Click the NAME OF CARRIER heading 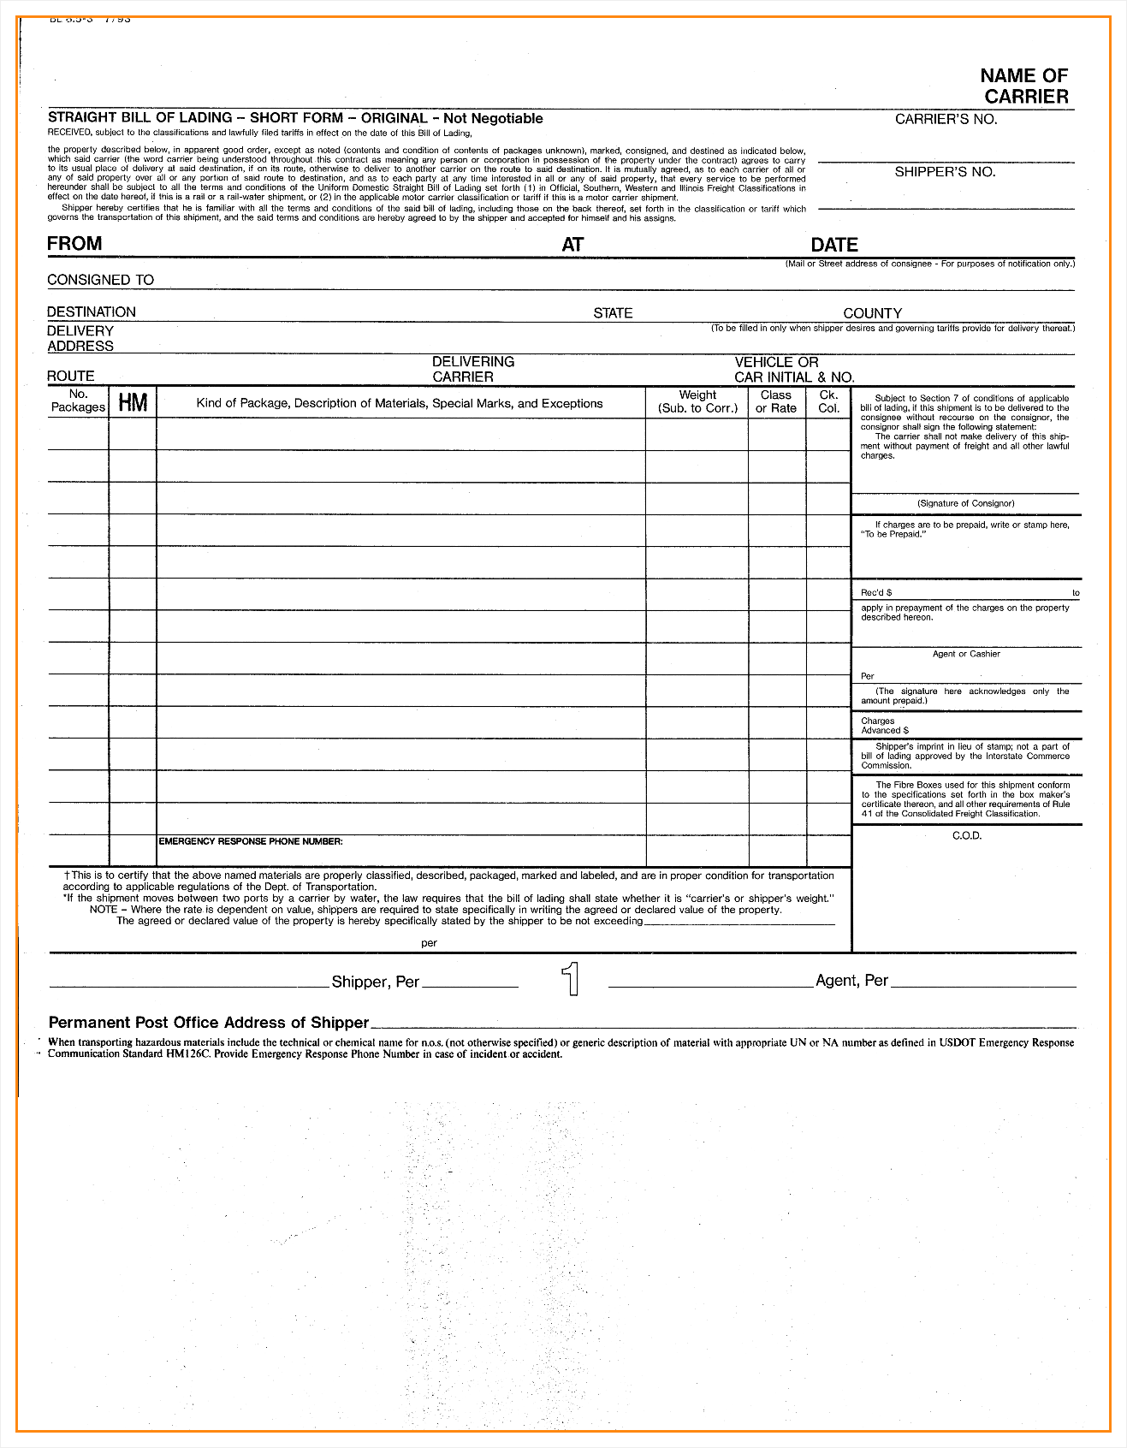tap(1024, 86)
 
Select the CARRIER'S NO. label tap(946, 119)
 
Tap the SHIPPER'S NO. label tap(945, 172)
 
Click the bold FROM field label tap(74, 244)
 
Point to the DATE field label tap(833, 245)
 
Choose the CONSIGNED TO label tap(100, 280)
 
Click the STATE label tap(613, 313)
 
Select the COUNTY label tap(872, 313)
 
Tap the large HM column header tap(133, 403)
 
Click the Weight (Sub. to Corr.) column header tap(697, 401)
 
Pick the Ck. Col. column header tap(828, 401)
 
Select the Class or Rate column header tap(775, 401)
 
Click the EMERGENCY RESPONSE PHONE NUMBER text tap(251, 841)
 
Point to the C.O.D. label tap(967, 835)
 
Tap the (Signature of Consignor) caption tap(965, 503)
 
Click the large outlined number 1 tap(571, 979)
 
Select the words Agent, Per tap(851, 981)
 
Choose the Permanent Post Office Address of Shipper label tap(208, 1023)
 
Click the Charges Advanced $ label tap(884, 726)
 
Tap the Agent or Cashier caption tap(965, 654)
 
